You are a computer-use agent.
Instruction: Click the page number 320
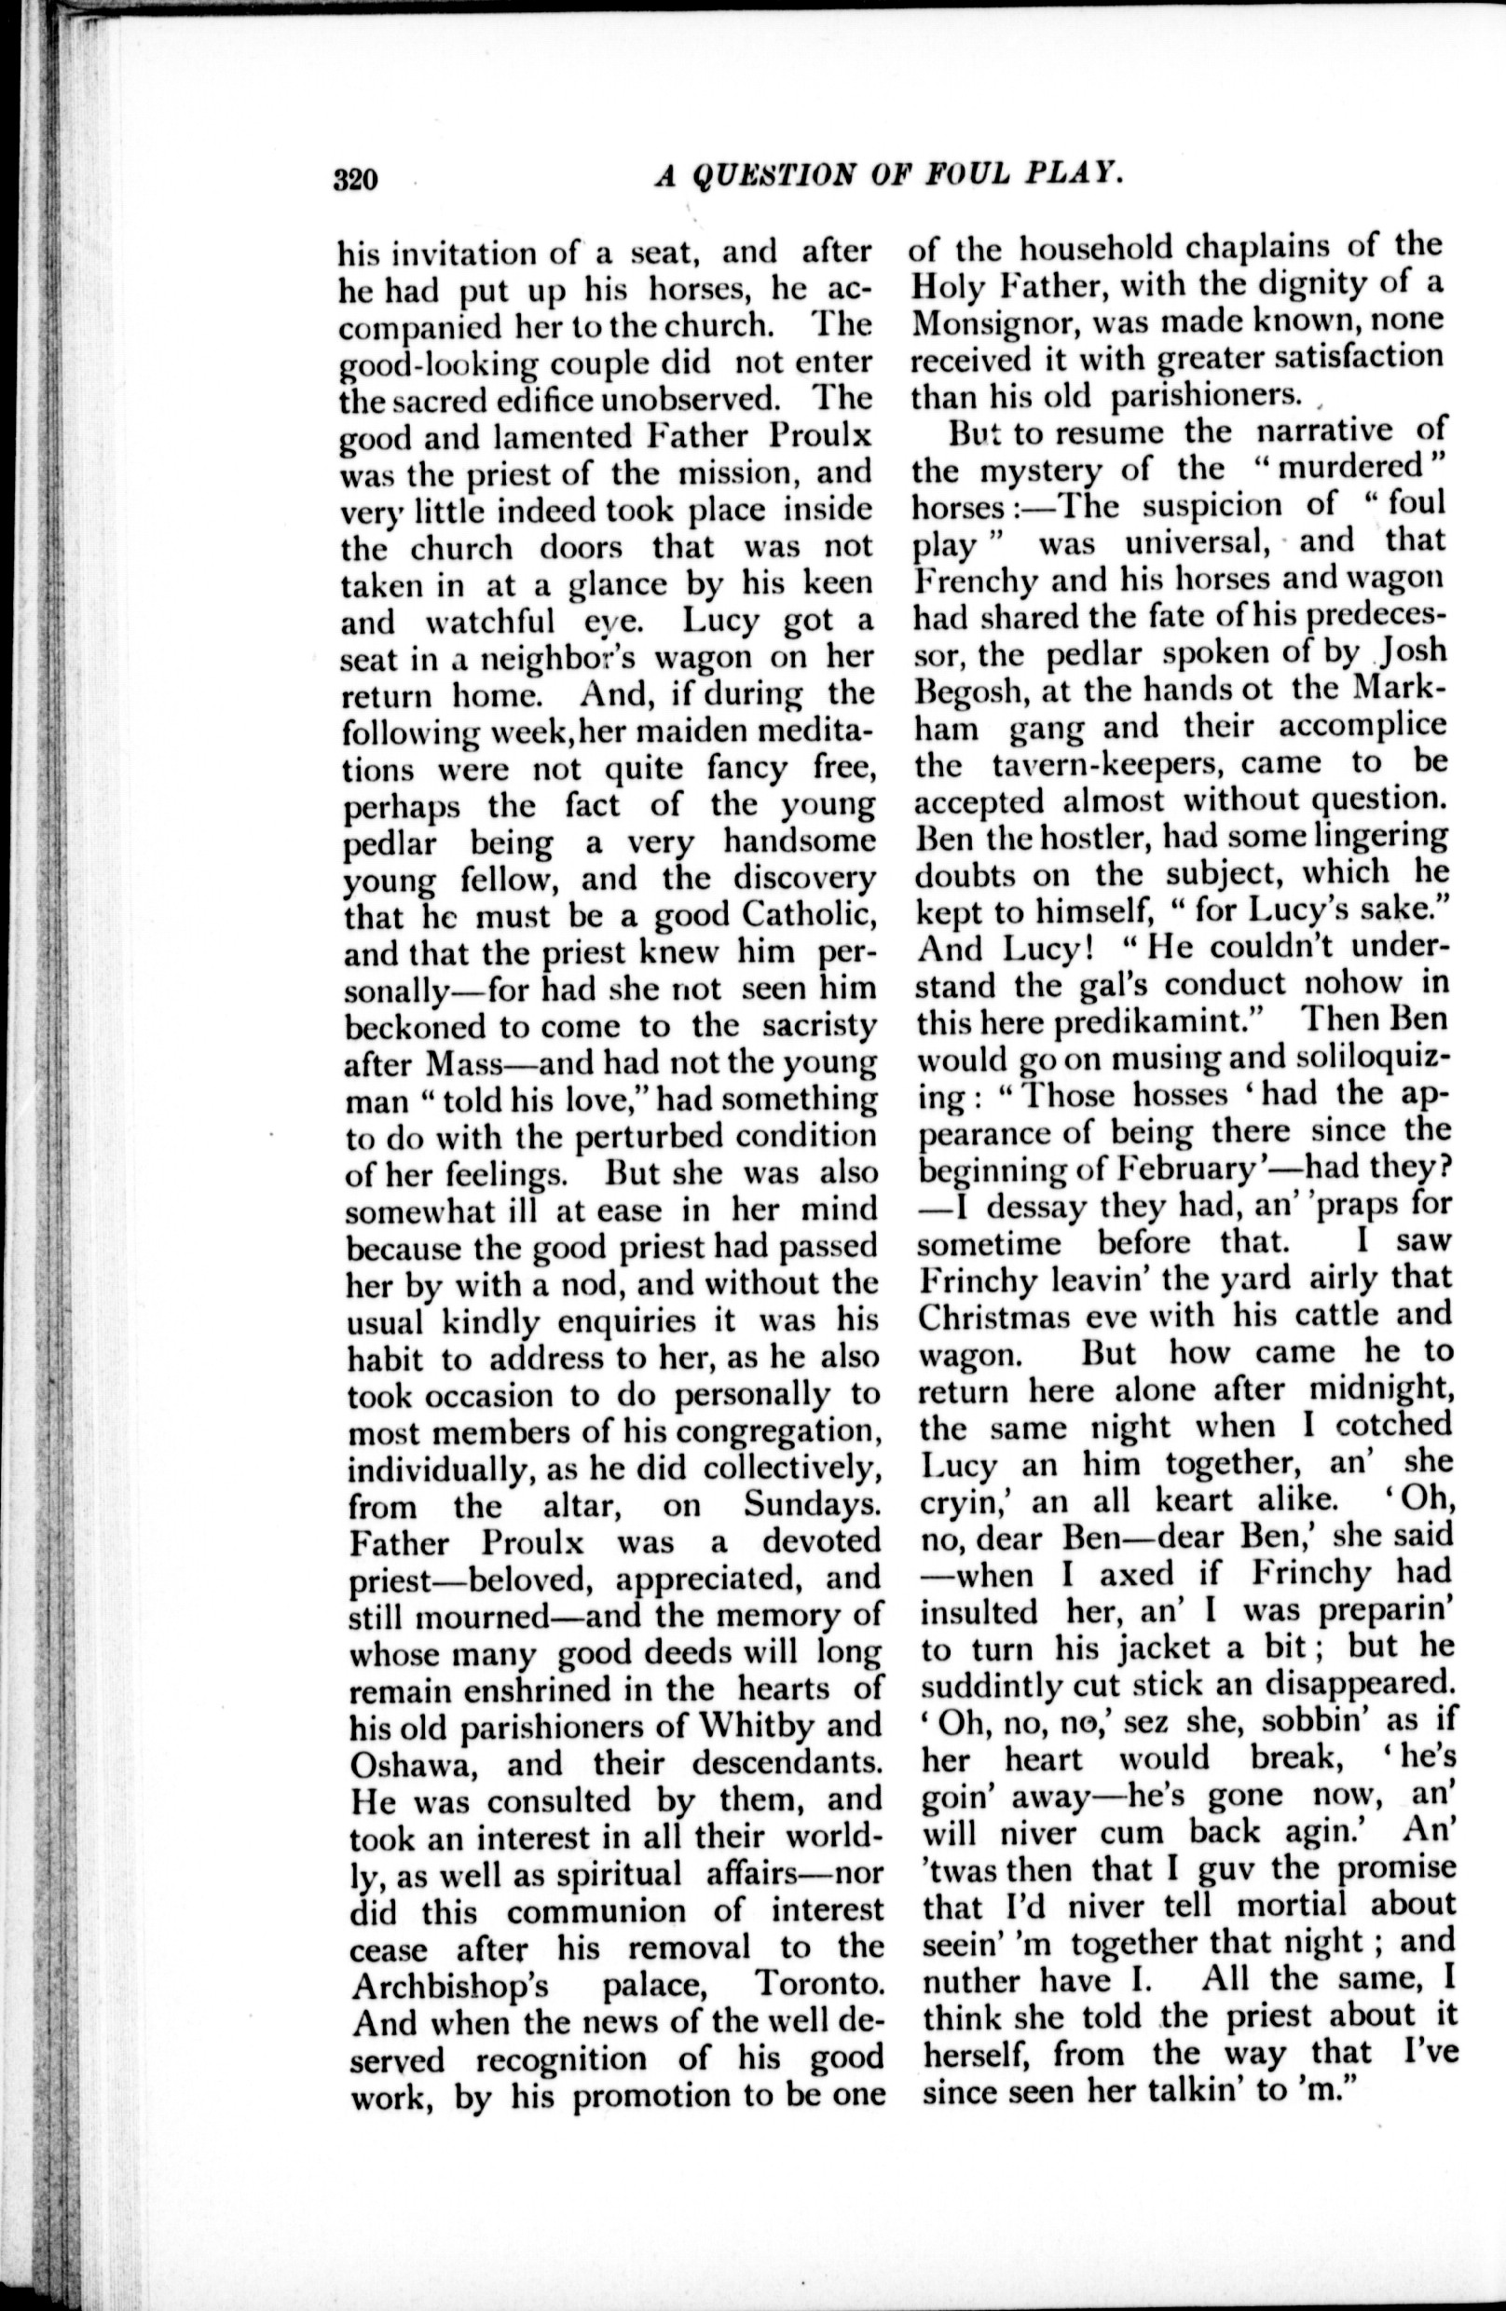(x=354, y=182)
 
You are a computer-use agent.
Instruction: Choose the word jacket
(x=1182, y=1647)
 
